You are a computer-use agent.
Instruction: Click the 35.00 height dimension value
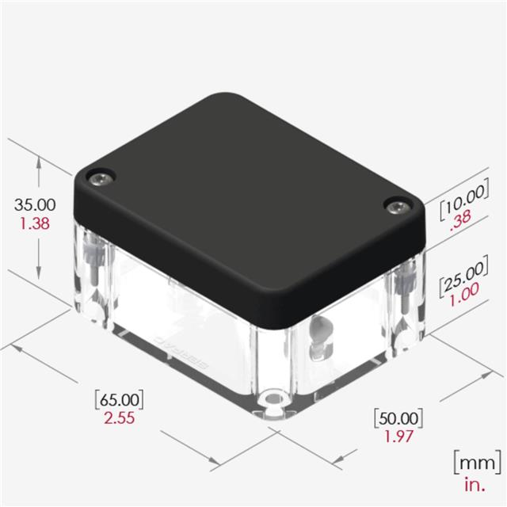point(35,204)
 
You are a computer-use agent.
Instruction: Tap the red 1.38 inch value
point(35,223)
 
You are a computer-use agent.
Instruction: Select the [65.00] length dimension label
point(120,399)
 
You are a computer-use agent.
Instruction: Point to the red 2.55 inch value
point(120,418)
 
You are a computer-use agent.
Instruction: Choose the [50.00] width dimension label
point(398,418)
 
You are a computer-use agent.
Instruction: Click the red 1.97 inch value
point(398,436)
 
